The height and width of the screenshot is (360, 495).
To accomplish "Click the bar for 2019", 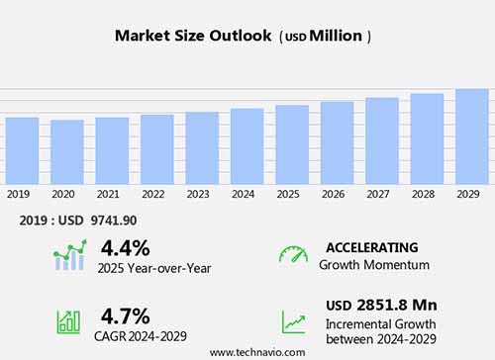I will pos(22,150).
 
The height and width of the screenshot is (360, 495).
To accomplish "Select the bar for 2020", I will pos(67,151).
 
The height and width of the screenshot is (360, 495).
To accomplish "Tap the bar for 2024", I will pos(247,145).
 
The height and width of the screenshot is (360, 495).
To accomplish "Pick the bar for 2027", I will pos(381,140).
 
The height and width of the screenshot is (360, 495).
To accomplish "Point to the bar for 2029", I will pos(471,136).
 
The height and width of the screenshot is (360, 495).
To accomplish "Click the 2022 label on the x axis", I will pos(152,194).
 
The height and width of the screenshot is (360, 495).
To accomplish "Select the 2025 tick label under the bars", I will pos(287,194).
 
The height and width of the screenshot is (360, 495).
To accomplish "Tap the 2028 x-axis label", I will pos(426,194).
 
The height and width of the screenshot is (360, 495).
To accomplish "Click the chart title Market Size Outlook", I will pos(192,37).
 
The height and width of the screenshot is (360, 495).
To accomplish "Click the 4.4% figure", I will pos(125,247).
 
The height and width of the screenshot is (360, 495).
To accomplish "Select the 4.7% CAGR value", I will pos(125,316).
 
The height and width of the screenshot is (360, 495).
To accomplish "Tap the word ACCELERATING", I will pos(371,247).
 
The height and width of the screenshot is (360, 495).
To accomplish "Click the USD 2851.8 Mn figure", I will pos(381,305).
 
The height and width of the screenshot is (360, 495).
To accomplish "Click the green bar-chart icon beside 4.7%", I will pos(69,321).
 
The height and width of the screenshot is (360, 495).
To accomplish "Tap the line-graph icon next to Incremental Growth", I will pos(293,321).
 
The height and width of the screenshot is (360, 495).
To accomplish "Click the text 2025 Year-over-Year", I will pos(155,267).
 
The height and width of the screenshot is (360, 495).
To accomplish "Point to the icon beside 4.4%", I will pos(69,255).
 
